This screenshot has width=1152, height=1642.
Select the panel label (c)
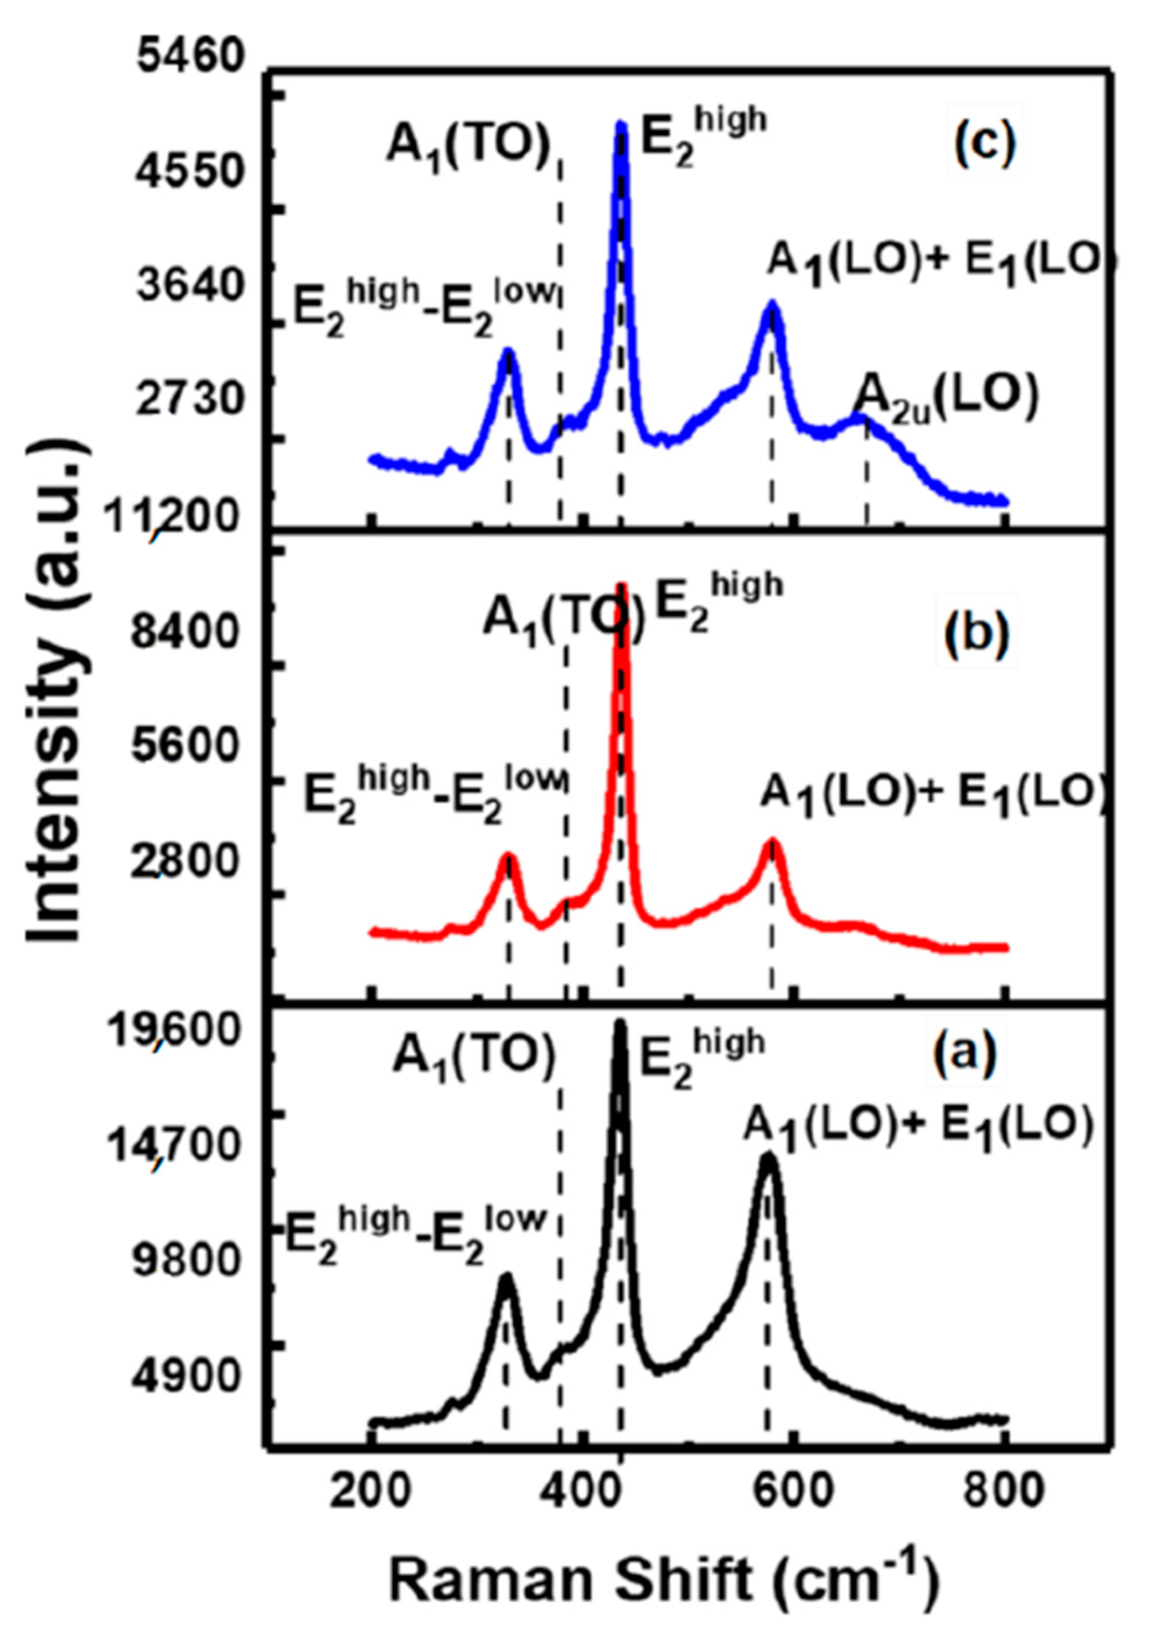(x=985, y=144)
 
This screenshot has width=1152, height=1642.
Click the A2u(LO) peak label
(x=946, y=400)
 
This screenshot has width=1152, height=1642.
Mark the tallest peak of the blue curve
(x=621, y=127)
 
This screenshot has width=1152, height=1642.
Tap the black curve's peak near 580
(x=768, y=1158)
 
